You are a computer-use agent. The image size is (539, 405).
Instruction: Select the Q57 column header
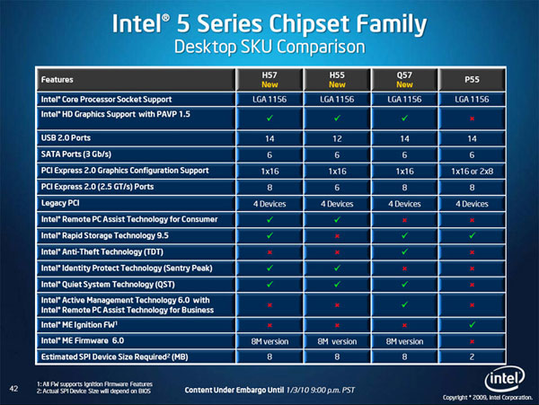click(404, 78)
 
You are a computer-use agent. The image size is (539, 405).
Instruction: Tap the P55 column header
click(473, 78)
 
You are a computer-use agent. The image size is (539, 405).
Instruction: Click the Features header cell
click(57, 78)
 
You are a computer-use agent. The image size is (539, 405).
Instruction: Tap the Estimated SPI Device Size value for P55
click(473, 358)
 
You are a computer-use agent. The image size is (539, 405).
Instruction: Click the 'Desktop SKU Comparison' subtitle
click(269, 44)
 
